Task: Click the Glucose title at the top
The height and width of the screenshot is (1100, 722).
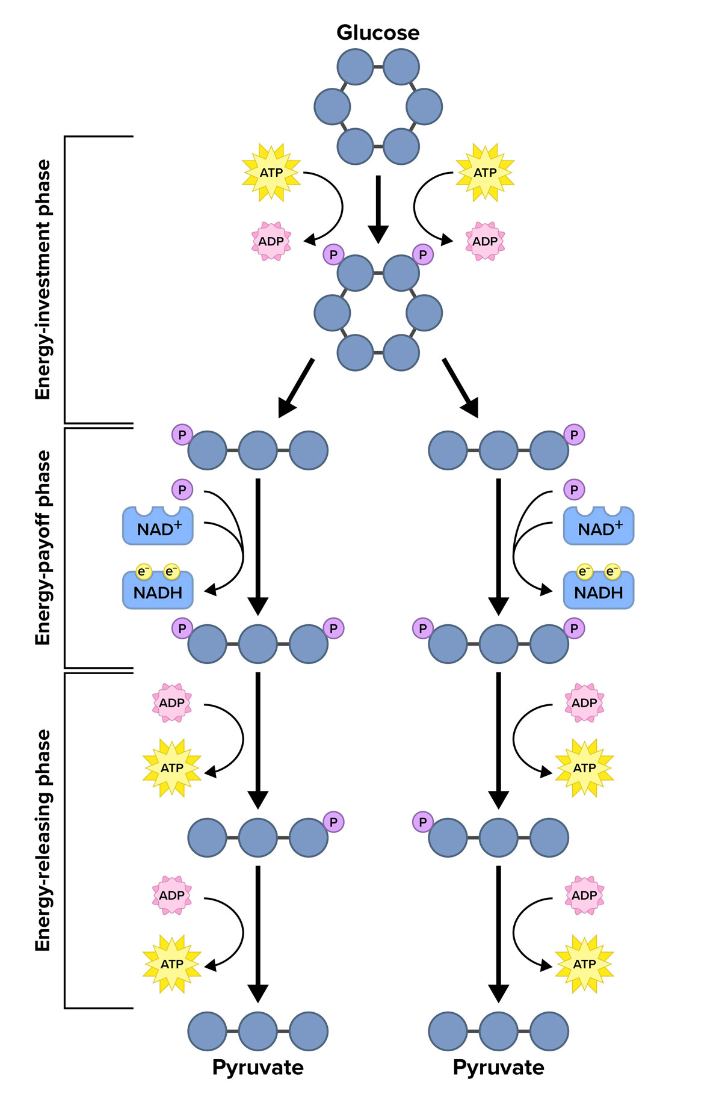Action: point(378,32)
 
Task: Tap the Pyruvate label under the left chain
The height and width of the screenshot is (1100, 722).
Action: point(258,1068)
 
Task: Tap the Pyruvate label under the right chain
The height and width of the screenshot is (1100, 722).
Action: point(498,1068)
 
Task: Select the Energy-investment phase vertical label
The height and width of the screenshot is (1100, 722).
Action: point(43,280)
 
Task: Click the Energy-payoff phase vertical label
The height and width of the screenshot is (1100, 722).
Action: point(43,548)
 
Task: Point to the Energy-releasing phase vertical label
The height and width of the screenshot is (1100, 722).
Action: point(43,840)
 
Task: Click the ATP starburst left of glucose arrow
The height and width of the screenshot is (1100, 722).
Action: point(271,173)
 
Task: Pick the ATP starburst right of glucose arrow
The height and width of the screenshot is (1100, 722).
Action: point(485,173)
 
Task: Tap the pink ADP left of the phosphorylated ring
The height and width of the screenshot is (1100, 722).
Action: point(271,241)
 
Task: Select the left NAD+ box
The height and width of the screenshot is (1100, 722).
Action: point(158,527)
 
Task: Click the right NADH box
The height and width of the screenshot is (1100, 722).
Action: point(598,591)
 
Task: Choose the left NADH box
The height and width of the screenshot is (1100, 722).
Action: point(158,591)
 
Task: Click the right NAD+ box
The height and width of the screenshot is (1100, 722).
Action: point(598,527)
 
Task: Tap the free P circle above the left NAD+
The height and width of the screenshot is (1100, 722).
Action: point(182,490)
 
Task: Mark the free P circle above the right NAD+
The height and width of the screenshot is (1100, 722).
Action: point(574,490)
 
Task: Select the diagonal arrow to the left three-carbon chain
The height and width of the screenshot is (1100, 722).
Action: point(296,388)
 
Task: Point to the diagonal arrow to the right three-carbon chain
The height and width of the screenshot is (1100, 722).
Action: point(460,388)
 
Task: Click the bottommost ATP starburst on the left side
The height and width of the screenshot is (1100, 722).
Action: point(172,964)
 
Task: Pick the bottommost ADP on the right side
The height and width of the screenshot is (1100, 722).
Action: point(584,896)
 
